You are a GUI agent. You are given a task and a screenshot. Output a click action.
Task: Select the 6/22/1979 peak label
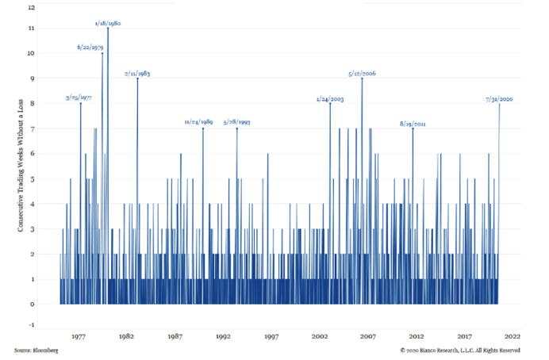(90, 47)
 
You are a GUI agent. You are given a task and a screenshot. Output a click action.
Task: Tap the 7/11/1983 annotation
(137, 73)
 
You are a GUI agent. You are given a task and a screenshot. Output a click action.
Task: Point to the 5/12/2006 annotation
(362, 73)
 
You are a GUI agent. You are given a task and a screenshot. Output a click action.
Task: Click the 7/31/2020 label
(499, 99)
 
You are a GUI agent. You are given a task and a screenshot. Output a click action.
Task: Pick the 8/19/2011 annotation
(413, 124)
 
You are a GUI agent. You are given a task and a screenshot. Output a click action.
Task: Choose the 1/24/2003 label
(329, 99)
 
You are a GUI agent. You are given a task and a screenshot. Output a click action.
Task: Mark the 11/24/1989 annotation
(198, 122)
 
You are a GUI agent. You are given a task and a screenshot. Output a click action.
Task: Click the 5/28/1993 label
(236, 122)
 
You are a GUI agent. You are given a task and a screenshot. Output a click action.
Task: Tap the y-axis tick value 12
(31, 7)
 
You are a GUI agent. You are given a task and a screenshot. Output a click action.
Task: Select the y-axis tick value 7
(33, 129)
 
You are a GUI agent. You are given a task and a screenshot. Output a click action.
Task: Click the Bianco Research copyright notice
(460, 350)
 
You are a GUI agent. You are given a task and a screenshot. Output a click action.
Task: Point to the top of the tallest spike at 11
(108, 29)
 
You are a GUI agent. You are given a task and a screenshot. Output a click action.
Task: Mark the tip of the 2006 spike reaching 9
(362, 79)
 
